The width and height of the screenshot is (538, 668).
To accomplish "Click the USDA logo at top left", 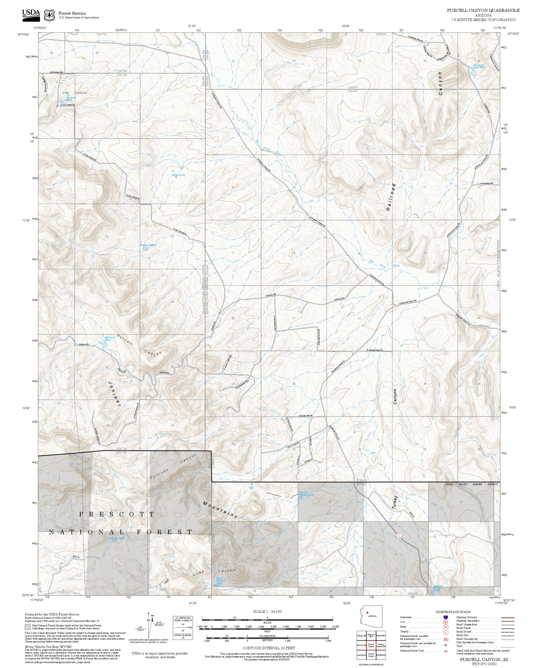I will pos(31,14).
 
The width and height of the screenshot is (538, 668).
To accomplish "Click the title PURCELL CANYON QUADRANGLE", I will pos(483,10).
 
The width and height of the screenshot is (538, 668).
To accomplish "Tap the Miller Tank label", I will pos(178,175).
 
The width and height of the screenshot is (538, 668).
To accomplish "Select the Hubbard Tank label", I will pos(148,245).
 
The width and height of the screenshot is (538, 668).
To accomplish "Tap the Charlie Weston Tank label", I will pos(306,494).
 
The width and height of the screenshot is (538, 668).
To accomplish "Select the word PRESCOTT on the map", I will pos(117,514).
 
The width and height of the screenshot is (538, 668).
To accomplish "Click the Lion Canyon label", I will pos(74,92).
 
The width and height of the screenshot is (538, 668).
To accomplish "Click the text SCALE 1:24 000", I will pos(267,611).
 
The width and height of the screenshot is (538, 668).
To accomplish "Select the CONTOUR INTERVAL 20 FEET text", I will pos(269,647).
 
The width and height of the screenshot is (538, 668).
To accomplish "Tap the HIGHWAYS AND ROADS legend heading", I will pos(453,612).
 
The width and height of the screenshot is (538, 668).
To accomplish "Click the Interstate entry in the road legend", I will pos(407,618).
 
